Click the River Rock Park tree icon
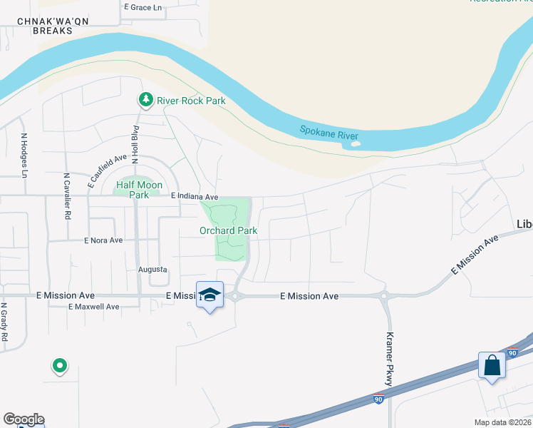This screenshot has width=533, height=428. [146, 100]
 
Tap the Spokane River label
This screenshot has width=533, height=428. [328, 133]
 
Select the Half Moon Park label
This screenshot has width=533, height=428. [133, 189]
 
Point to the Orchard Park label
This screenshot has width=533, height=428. [228, 230]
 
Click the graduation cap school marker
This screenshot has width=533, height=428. [209, 294]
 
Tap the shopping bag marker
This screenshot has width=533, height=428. [492, 365]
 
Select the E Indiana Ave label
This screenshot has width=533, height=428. [195, 196]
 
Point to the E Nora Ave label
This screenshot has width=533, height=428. [103, 240]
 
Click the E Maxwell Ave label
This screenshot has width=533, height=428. [93, 307]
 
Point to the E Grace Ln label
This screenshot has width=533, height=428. [143, 7]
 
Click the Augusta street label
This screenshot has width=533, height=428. [152, 270]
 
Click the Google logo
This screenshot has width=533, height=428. [24, 419]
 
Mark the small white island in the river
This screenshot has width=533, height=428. [356, 143]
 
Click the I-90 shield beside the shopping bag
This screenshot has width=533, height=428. [512, 352]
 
